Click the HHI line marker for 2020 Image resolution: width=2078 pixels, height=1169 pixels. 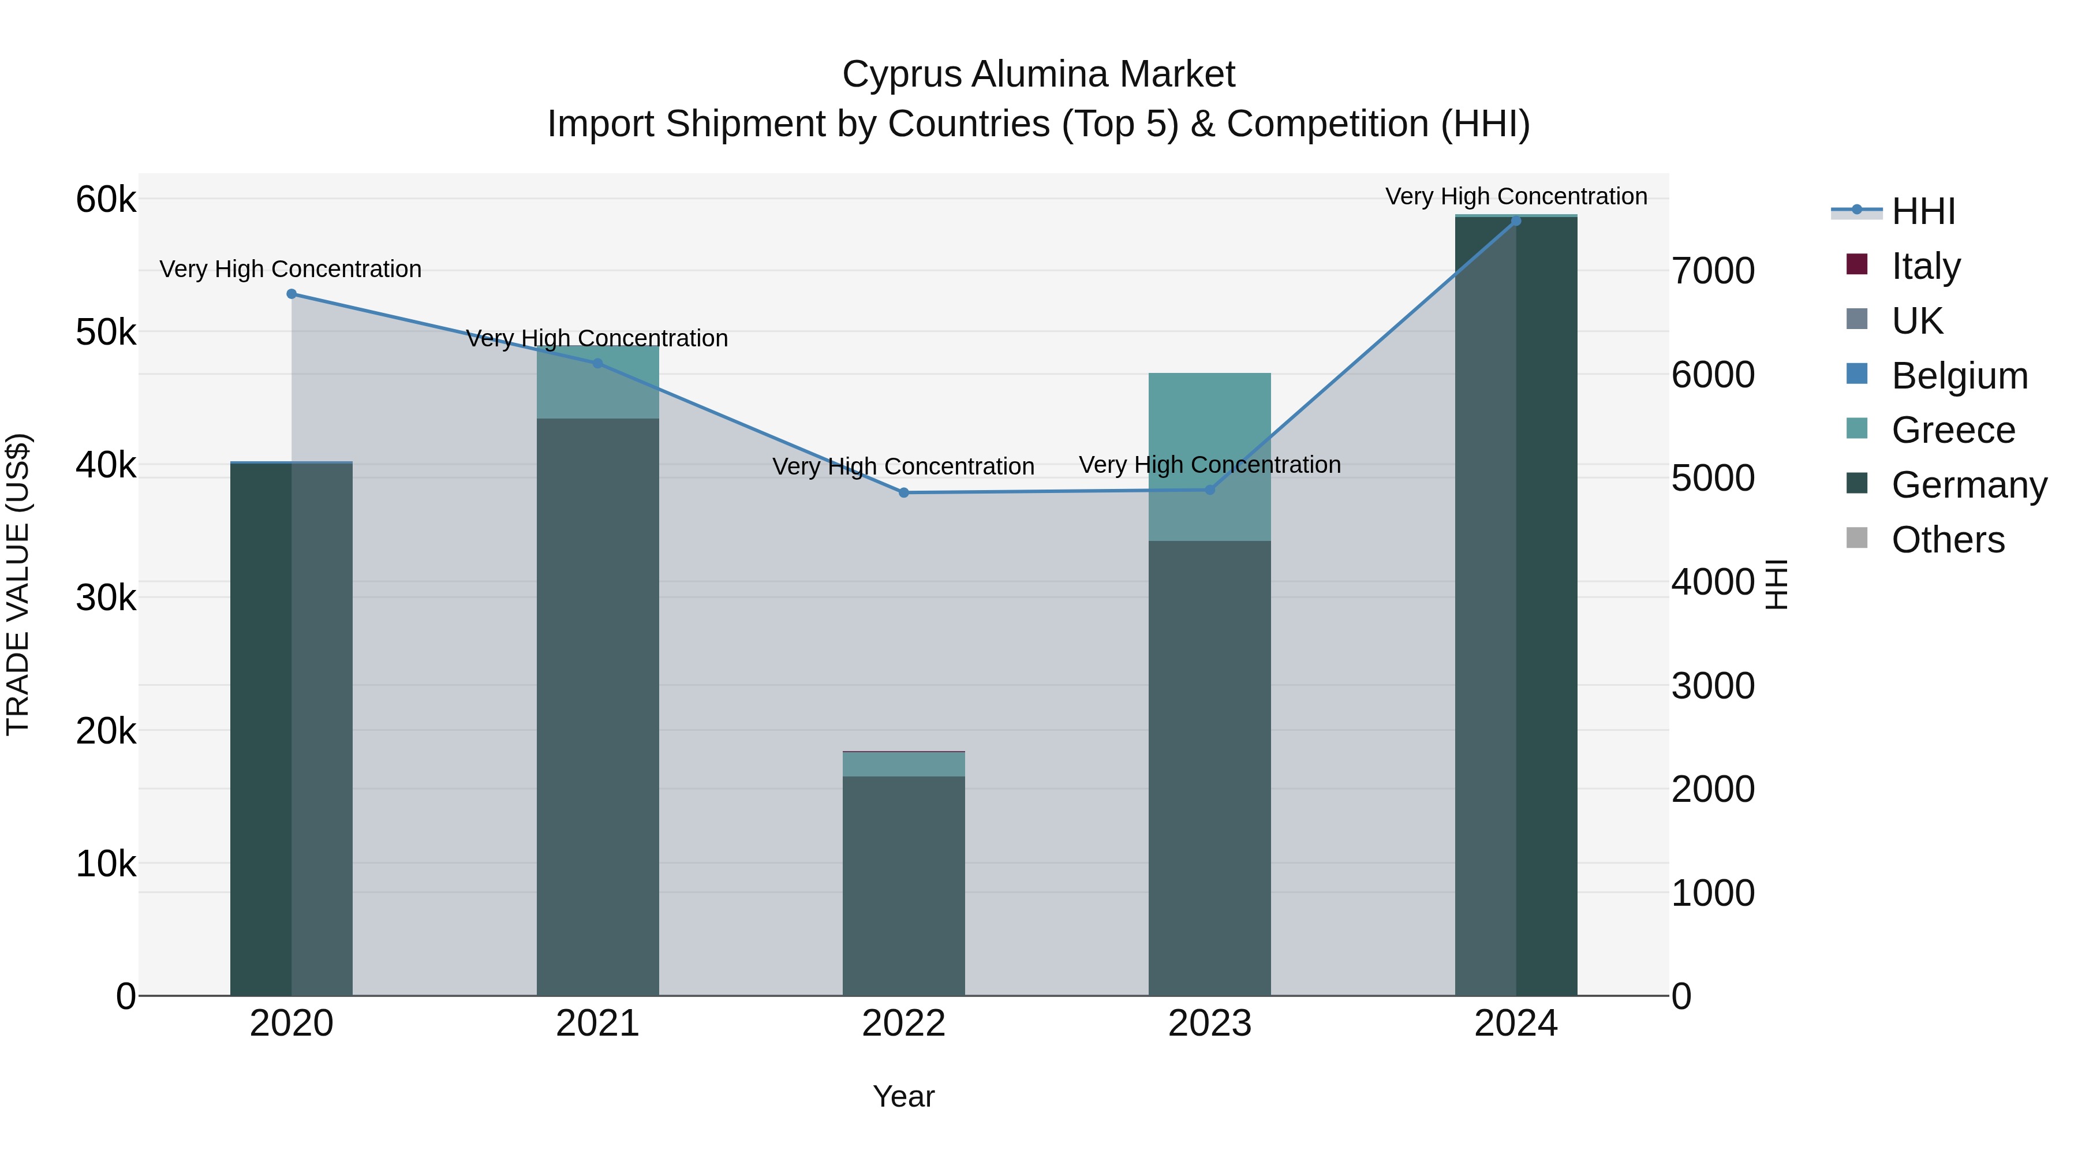(x=291, y=294)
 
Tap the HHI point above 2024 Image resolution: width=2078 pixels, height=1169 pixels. (x=1516, y=221)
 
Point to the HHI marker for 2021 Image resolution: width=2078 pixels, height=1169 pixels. (x=598, y=364)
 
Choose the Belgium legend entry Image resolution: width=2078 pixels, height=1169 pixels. (x=1959, y=376)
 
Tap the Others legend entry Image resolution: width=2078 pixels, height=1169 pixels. (x=1948, y=540)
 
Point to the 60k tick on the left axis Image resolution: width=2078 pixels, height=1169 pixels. (x=106, y=199)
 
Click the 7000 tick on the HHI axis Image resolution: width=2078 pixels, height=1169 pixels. (x=1713, y=271)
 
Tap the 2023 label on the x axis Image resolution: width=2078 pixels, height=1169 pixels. (x=1209, y=1024)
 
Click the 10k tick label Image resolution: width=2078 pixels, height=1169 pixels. (x=106, y=864)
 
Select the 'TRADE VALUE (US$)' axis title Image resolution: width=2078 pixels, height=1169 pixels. (x=18, y=584)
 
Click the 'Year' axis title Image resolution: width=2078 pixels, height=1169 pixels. (x=903, y=1096)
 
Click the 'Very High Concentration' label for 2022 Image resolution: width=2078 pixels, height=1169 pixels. (x=903, y=466)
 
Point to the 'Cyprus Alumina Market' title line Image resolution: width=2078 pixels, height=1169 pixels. (x=1038, y=74)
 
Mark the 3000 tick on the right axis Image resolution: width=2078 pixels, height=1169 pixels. (x=1713, y=686)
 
